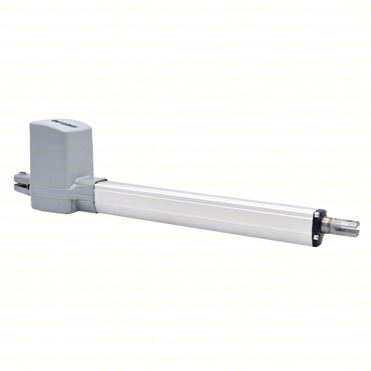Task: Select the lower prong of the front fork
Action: [x=349, y=231]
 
